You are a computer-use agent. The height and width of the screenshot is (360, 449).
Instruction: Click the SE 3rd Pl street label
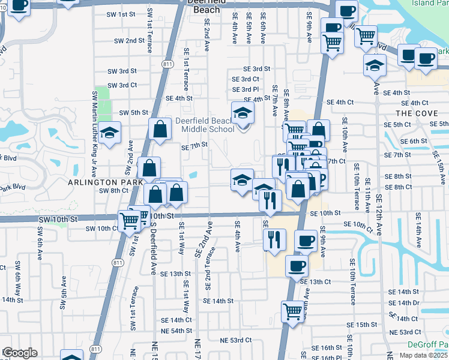pyautogui.click(x=245, y=89)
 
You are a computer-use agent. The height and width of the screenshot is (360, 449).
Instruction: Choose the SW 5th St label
pyautogui.click(x=133, y=112)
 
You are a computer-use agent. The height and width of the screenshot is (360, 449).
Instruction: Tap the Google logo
pyautogui.click(x=20, y=353)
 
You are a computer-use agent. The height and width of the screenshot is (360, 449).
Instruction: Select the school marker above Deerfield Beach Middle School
pyautogui.click(x=243, y=112)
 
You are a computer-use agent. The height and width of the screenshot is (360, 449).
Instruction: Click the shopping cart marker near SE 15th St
pyautogui.click(x=292, y=311)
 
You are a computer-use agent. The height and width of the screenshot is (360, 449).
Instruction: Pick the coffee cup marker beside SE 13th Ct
pyautogui.click(x=296, y=265)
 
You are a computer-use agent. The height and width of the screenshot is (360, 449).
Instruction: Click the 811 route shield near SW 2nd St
pyautogui.click(x=167, y=63)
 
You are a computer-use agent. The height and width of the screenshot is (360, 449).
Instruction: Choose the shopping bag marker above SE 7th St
pyautogui.click(x=160, y=129)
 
